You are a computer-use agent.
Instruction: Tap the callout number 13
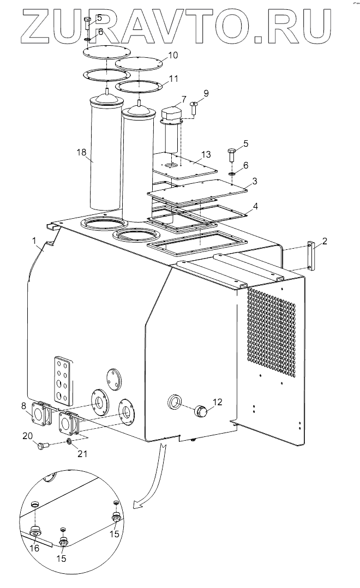[206, 154]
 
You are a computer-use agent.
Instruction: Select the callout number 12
[218, 402]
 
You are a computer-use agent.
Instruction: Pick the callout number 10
[173, 55]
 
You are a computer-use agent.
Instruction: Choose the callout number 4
[255, 206]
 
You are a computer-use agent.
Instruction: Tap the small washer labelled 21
[69, 441]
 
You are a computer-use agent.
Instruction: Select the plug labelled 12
[200, 412]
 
